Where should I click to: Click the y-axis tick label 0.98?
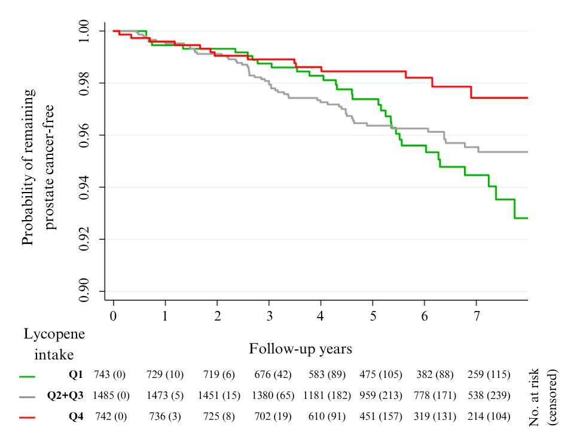(x=84, y=83)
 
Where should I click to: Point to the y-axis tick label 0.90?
(x=84, y=291)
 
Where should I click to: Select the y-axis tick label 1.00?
(x=84, y=31)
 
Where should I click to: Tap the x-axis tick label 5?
(x=373, y=315)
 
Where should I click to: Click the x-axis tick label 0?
(x=114, y=315)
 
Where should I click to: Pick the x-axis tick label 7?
(x=476, y=315)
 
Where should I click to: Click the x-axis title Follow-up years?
(x=300, y=348)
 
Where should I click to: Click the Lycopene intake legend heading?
(x=54, y=344)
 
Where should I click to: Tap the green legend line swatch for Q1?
(x=27, y=376)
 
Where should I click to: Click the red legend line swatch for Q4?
(x=27, y=417)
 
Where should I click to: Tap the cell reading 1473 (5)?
(x=165, y=396)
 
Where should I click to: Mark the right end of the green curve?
(x=527, y=218)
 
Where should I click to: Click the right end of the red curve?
(x=527, y=97)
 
